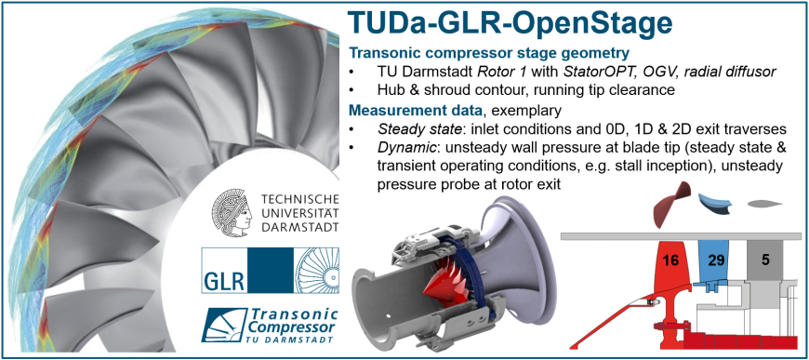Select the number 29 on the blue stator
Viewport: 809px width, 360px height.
point(716,260)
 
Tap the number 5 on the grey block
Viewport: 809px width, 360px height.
point(765,260)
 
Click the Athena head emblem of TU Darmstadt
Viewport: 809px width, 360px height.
point(232,211)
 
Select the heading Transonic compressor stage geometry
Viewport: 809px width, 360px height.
point(489,53)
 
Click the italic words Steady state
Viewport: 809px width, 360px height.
point(398,128)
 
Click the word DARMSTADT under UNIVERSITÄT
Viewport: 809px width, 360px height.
point(300,227)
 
